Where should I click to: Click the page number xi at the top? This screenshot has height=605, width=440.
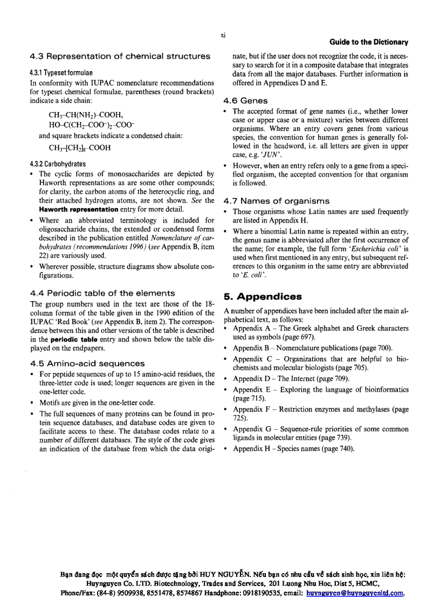tap(223, 36)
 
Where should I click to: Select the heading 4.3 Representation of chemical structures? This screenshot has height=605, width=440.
tap(120, 56)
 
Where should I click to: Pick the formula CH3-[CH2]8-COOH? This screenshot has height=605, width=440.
tap(80, 148)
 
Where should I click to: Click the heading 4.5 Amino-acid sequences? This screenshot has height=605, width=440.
tap(87, 364)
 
